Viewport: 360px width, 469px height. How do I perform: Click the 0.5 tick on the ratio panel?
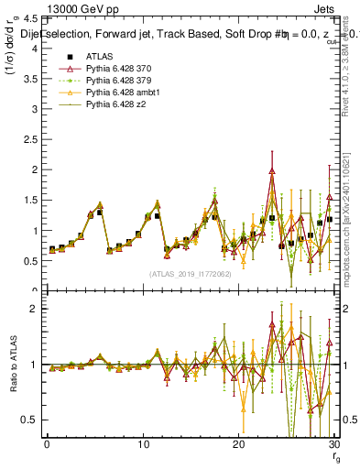click(x=31, y=420)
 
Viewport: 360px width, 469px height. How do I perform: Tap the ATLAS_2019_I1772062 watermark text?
click(x=189, y=273)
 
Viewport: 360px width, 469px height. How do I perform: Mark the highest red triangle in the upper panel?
click(x=272, y=170)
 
